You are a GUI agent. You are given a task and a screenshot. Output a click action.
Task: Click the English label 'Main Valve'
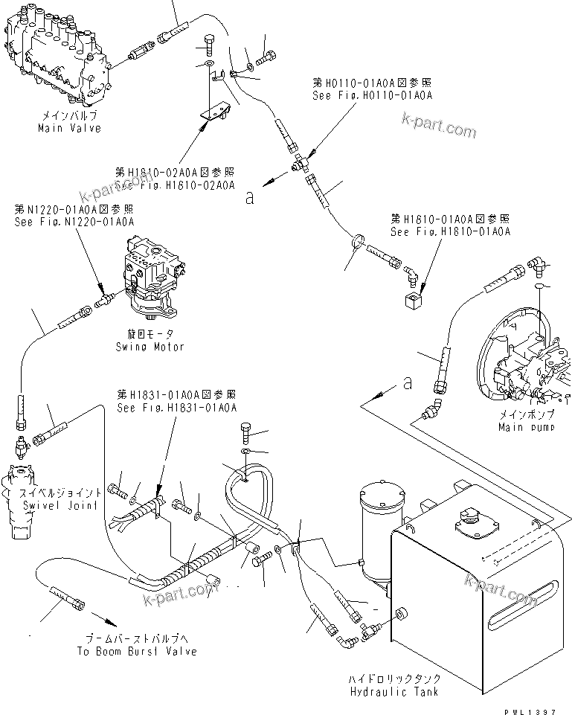pyautogui.click(x=68, y=128)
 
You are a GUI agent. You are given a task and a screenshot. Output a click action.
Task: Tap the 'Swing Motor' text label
pyautogui.click(x=150, y=347)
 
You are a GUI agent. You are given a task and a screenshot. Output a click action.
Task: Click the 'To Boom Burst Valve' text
pyautogui.click(x=138, y=651)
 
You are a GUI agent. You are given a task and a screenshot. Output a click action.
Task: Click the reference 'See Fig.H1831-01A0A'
pyautogui.click(x=177, y=407)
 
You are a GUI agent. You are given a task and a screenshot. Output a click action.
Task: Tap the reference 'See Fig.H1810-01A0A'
pyautogui.click(x=451, y=232)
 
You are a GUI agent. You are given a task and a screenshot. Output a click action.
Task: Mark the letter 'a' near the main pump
pyautogui.click(x=406, y=382)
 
